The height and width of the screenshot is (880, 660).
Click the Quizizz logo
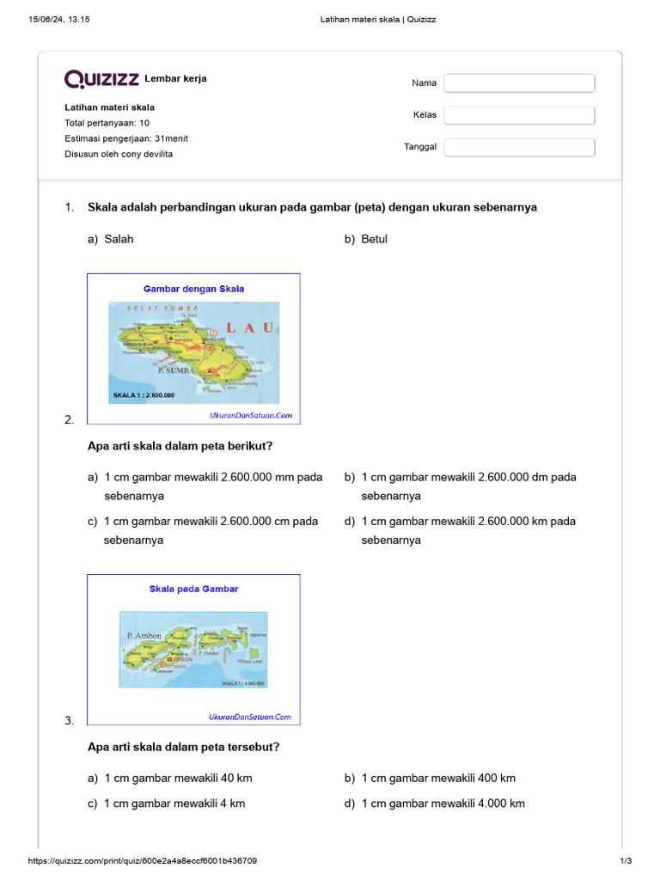(101, 79)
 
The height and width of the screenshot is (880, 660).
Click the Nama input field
(519, 82)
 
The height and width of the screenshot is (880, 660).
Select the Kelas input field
(519, 115)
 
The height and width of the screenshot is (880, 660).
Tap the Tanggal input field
(519, 147)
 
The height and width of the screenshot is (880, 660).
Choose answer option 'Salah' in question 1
(119, 239)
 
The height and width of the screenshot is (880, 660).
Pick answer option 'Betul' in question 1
(375, 239)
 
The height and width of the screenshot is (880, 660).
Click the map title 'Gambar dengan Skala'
(193, 289)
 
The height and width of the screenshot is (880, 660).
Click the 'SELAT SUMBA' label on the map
(162, 307)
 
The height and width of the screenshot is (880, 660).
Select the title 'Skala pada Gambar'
(193, 589)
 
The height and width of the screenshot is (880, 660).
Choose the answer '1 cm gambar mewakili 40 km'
(178, 778)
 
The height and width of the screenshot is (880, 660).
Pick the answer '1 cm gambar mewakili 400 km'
(438, 778)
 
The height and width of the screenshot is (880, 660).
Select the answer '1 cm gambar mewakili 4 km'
(174, 804)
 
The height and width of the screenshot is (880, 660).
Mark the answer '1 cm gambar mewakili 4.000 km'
(443, 804)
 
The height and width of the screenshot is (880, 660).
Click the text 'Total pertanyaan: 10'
(107, 123)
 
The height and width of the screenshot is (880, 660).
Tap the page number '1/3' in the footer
(626, 861)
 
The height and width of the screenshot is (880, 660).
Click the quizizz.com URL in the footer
(143, 861)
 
